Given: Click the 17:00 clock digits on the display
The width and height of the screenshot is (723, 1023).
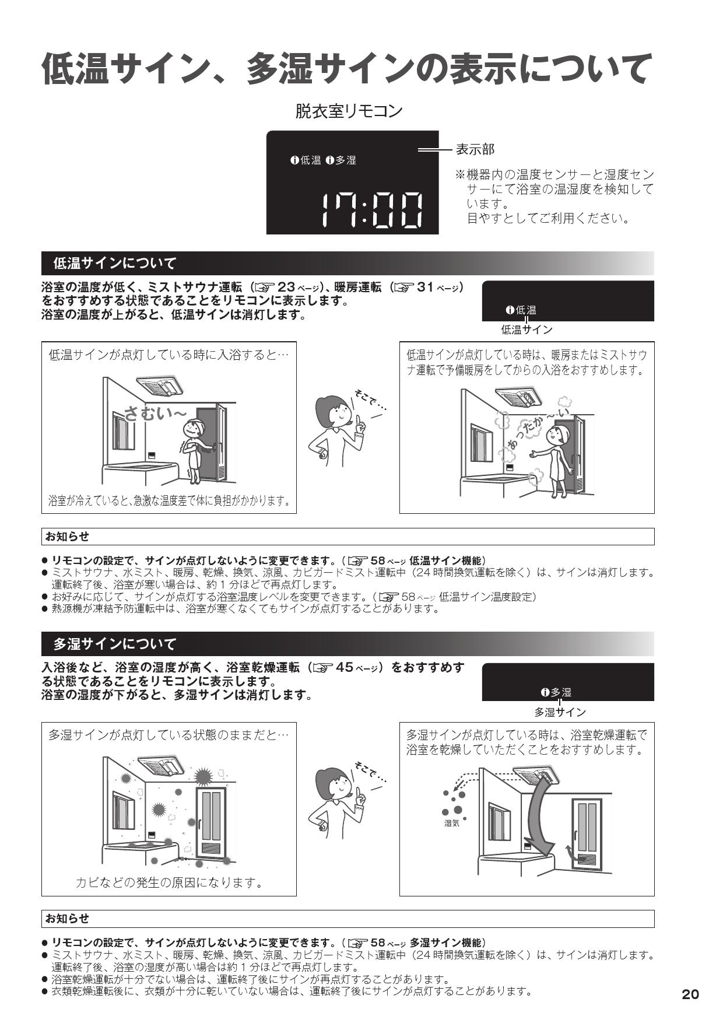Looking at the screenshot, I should pyautogui.click(x=372, y=209).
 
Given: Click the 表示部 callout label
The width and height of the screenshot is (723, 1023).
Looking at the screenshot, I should pyautogui.click(x=475, y=150).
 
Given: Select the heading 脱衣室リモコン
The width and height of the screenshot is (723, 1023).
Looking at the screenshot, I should pyautogui.click(x=349, y=111).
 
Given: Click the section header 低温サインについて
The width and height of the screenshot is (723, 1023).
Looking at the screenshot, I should pyautogui.click(x=114, y=264).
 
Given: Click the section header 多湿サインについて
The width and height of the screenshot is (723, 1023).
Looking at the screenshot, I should pyautogui.click(x=114, y=644).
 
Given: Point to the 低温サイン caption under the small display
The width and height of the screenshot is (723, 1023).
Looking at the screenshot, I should pyautogui.click(x=527, y=330).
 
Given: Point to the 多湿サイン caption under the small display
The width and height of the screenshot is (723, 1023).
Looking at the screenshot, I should pyautogui.click(x=560, y=712).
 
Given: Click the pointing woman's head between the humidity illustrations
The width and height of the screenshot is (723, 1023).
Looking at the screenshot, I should pyautogui.click(x=332, y=784).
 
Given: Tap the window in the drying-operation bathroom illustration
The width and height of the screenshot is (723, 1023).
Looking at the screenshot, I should pyautogui.click(x=499, y=822).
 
